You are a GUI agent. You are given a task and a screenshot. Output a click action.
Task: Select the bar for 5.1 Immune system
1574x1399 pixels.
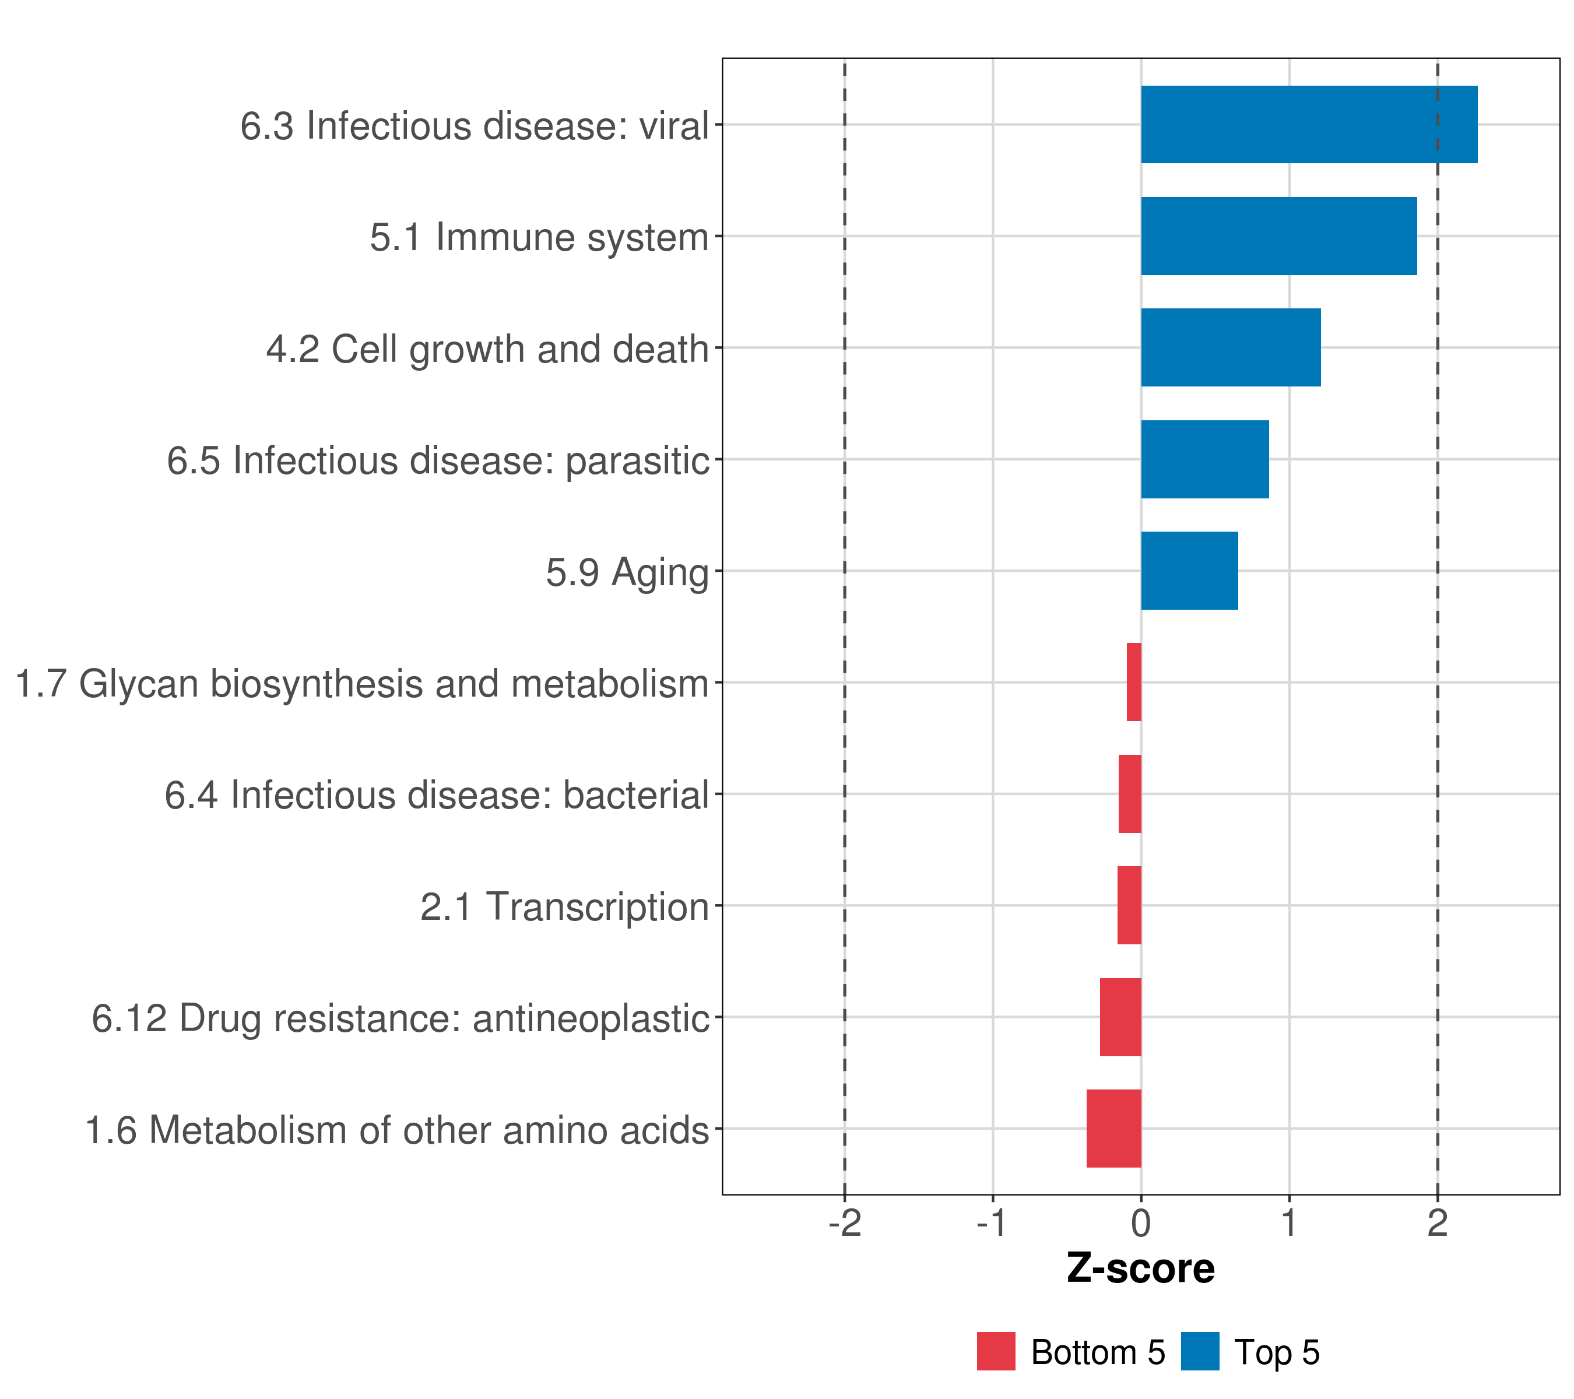tap(1278, 237)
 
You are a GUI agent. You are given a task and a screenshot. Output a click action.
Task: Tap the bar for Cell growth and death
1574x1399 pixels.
tap(1231, 347)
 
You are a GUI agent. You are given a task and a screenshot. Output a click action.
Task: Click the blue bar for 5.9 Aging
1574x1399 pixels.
tap(1189, 571)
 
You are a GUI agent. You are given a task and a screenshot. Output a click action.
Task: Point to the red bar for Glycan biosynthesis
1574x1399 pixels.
tap(1133, 682)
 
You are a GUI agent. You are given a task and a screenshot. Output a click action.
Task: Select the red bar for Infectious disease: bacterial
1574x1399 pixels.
tap(1130, 794)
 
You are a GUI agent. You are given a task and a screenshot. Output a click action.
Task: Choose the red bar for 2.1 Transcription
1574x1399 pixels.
tap(1129, 905)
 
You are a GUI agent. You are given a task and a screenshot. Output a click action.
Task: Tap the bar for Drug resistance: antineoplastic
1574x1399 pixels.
tap(1120, 1017)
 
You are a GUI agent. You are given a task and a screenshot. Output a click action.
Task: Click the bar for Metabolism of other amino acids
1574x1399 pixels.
tap(1113, 1129)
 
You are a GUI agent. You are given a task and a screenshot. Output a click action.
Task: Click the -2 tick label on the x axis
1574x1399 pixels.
tap(845, 1223)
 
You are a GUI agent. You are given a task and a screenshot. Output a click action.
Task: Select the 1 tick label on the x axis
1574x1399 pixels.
tap(1289, 1223)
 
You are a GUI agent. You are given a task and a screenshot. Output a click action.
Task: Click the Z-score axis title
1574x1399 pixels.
tap(1140, 1268)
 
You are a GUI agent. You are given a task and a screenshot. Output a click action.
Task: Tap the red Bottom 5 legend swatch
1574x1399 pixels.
tap(996, 1351)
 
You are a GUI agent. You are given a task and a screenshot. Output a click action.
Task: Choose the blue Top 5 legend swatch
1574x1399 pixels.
tap(1200, 1351)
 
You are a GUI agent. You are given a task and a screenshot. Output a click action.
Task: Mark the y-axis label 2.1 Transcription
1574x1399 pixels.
tap(564, 907)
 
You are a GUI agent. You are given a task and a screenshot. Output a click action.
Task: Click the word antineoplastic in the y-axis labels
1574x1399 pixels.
tap(591, 1018)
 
